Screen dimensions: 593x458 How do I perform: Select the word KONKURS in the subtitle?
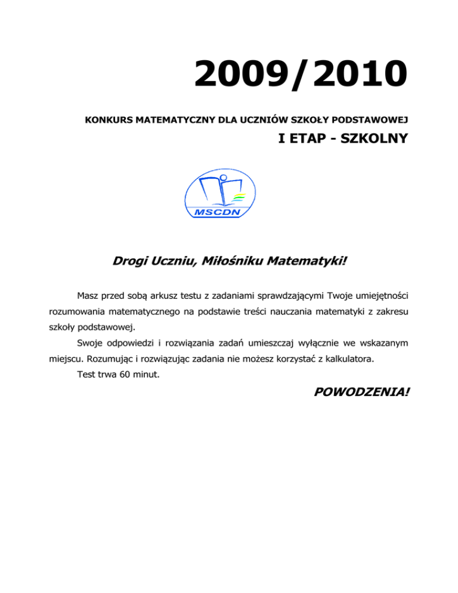tap(107, 121)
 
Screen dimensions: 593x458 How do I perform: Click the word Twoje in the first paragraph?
tap(326, 295)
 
